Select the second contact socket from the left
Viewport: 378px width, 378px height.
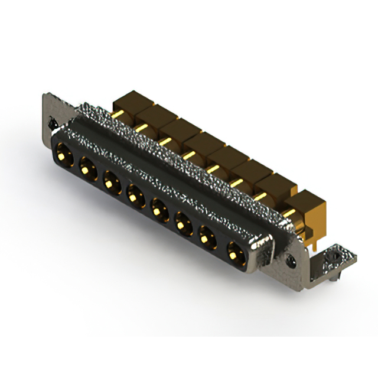87,169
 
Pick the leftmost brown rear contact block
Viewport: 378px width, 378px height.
126,101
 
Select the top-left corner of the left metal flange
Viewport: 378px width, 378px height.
45,94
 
